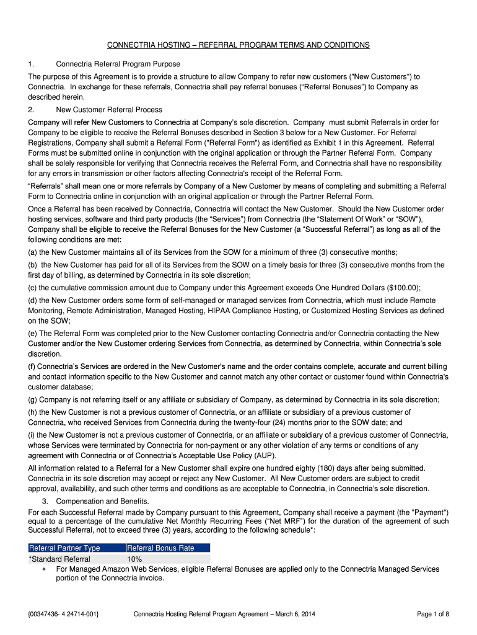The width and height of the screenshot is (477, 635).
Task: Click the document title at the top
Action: click(239, 45)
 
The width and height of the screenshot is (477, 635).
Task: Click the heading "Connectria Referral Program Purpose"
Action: click(118, 64)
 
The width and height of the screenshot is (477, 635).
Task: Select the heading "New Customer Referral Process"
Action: click(109, 110)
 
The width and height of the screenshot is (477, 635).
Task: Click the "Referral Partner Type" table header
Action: click(64, 548)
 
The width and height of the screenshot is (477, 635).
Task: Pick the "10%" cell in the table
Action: click(134, 559)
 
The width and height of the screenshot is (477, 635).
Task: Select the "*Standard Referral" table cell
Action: click(59, 559)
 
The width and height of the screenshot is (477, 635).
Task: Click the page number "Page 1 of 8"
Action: click(432, 614)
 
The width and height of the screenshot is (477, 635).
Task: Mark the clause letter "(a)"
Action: click(33, 252)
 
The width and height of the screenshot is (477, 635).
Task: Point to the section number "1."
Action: click(32, 64)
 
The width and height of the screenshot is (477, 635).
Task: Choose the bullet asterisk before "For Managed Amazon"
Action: click(44, 569)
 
